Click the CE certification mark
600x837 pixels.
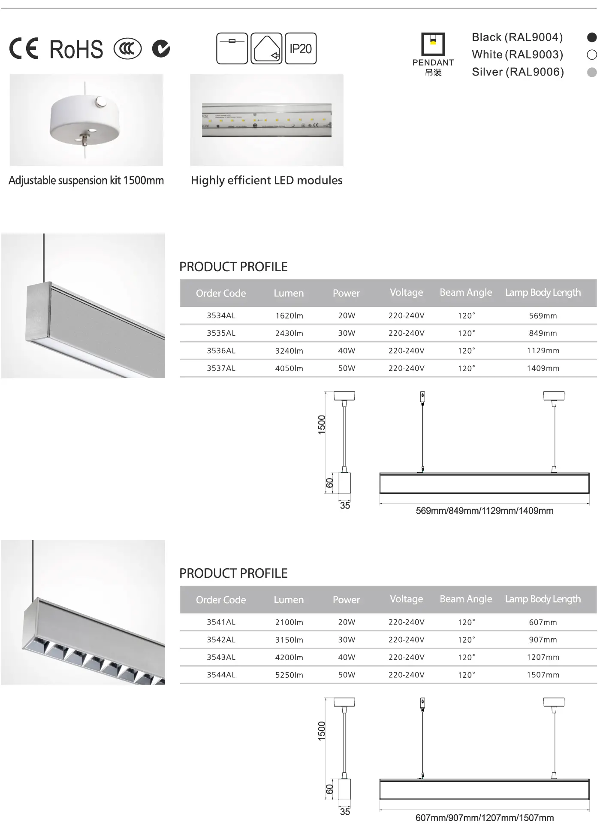[x=24, y=49]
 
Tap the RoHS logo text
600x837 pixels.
[x=76, y=49]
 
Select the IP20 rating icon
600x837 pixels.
[x=301, y=49]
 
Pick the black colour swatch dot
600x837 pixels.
[x=591, y=37]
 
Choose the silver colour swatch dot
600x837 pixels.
[x=591, y=72]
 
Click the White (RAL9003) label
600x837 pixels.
[x=517, y=55]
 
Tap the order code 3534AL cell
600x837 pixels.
[x=221, y=315]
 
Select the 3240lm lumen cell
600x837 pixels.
[x=289, y=351]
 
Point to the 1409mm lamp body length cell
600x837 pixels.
[x=543, y=368]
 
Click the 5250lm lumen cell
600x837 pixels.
[x=289, y=675]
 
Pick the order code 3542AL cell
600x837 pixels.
[x=221, y=640]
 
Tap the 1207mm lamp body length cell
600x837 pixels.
[x=543, y=657]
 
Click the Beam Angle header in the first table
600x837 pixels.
[x=466, y=292]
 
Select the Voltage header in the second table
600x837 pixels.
[x=406, y=599]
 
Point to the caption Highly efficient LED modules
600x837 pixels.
[x=266, y=180]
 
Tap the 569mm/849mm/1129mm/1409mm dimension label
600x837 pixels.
[x=485, y=511]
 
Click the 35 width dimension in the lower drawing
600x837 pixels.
[x=345, y=812]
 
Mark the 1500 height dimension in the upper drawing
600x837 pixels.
[x=322, y=425]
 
